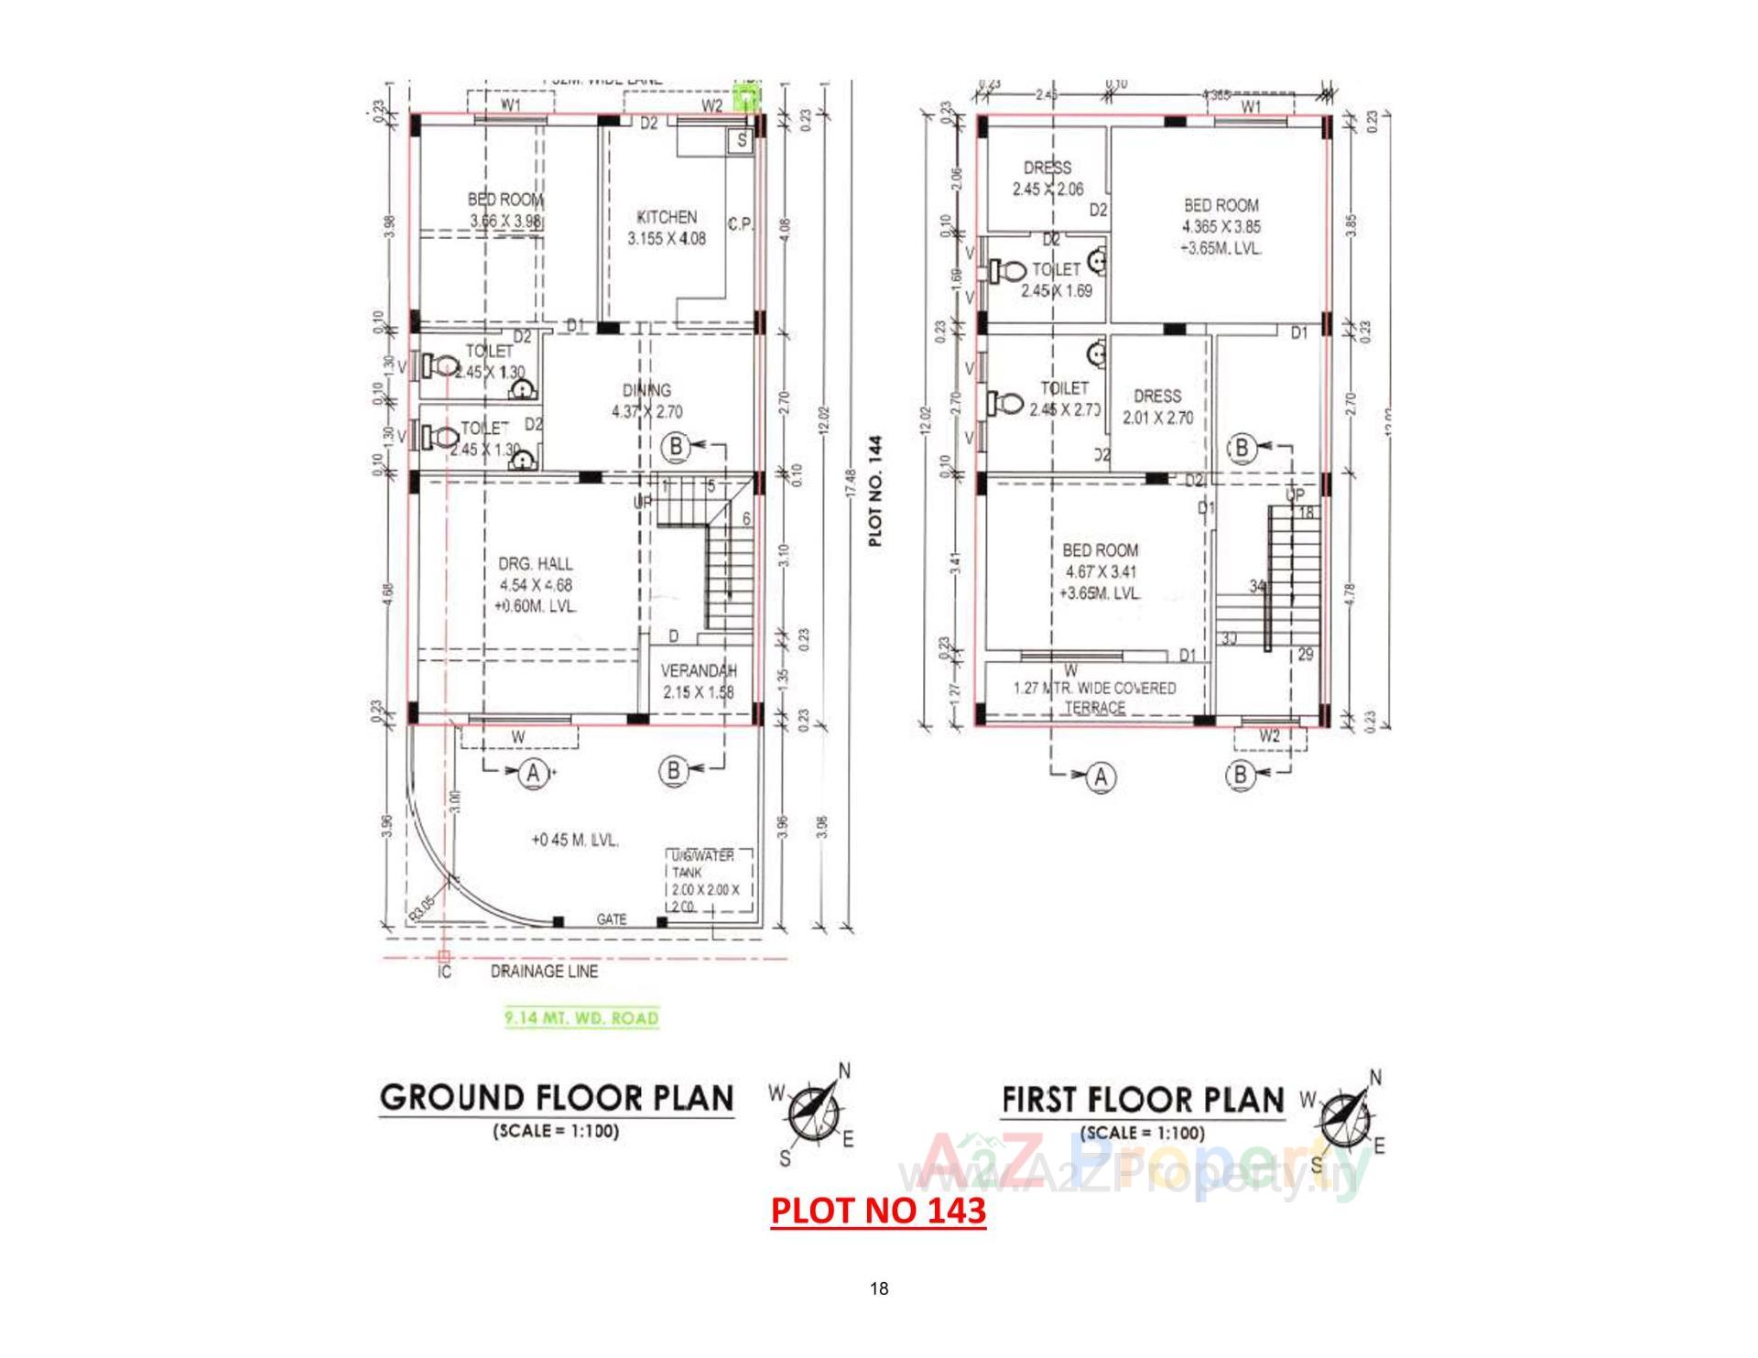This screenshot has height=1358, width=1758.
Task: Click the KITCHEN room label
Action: [x=667, y=218]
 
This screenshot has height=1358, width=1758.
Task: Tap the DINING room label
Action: [x=646, y=391]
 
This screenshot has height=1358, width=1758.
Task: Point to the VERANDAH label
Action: [x=699, y=671]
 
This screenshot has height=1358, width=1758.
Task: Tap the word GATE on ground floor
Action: [x=612, y=918]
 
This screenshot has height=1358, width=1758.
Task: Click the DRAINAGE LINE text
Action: [x=544, y=972]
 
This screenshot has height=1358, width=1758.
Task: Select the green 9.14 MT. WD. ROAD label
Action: [x=582, y=1018]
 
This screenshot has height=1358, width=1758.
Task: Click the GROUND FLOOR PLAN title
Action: [x=557, y=1098]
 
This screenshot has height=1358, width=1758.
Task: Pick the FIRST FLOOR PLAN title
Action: [x=1143, y=1099]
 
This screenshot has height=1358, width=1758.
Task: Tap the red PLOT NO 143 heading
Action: [x=878, y=1210]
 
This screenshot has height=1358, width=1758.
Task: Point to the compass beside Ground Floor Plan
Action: [x=812, y=1112]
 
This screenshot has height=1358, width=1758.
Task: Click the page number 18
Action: [x=878, y=1289]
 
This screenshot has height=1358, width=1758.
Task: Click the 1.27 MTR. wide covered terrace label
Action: [x=1095, y=697]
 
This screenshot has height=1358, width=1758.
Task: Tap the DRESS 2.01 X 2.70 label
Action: [x=1157, y=407]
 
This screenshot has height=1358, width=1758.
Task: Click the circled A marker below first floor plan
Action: [x=1101, y=777]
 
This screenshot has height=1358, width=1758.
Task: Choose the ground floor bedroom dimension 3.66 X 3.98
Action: [x=506, y=222]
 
